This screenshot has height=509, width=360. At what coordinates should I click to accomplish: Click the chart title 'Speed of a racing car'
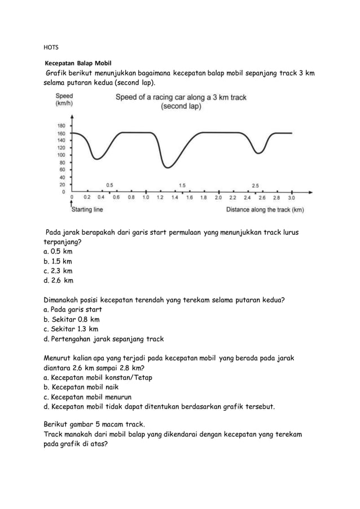click(181, 97)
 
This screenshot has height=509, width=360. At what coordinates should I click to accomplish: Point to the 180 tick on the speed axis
click(62, 125)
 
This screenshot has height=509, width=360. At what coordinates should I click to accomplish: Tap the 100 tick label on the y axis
click(62, 155)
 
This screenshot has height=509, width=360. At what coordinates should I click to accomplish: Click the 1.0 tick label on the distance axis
click(146, 198)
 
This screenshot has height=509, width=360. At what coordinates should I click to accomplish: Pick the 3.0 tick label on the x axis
click(291, 198)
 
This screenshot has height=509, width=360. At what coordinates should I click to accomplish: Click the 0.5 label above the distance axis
click(109, 185)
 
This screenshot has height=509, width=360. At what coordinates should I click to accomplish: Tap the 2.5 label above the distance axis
click(255, 185)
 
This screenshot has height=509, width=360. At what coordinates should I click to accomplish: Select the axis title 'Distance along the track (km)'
click(265, 210)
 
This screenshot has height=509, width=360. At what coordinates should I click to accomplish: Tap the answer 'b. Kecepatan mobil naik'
click(85, 387)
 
